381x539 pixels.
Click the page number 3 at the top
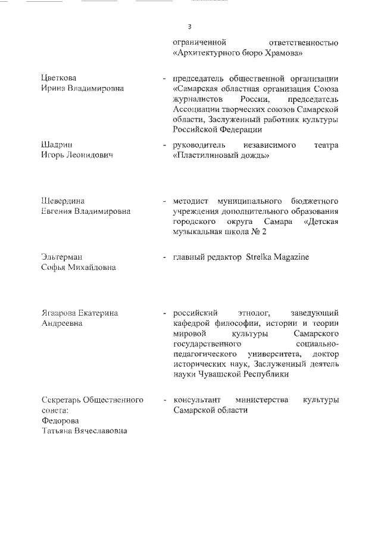pos(189,27)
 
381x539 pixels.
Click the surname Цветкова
pos(58,79)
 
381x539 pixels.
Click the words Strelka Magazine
pos(278,257)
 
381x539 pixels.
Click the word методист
pos(191,201)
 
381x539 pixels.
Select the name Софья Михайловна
pos(78,267)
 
